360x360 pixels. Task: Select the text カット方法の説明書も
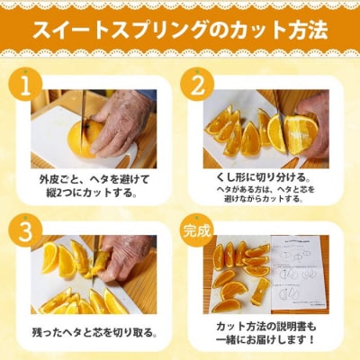(x=265, y=325)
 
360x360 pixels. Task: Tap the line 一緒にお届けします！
(x=265, y=341)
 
